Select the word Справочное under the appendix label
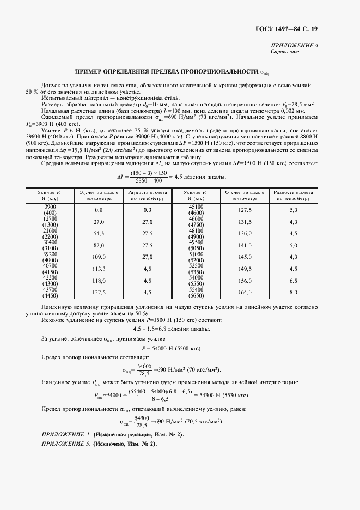[x=284, y=52]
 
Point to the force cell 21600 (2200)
[x=50, y=233]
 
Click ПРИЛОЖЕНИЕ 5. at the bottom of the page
[x=64, y=444]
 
